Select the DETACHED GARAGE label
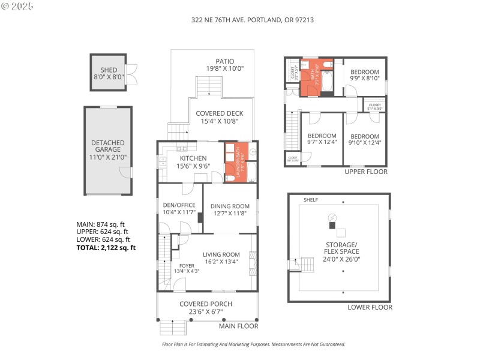[108, 145]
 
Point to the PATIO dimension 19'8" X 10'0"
[225, 69]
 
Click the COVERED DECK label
[218, 113]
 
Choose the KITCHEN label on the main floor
[193, 158]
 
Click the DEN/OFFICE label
[179, 205]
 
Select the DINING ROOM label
[230, 206]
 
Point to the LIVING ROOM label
[221, 254]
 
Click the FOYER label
[187, 264]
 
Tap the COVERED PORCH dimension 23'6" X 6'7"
[206, 312]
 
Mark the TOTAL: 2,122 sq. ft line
[106, 247]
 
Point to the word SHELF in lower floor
[311, 200]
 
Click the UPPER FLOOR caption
[365, 172]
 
